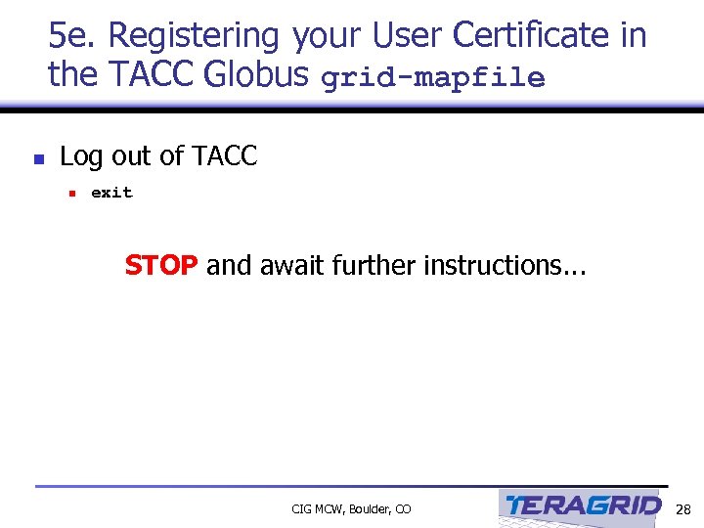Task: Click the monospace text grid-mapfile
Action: click(x=432, y=78)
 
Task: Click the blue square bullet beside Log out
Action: click(x=38, y=157)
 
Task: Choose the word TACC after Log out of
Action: click(x=225, y=156)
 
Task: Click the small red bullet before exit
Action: click(x=71, y=194)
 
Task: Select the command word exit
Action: click(x=111, y=193)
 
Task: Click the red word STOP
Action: click(x=161, y=266)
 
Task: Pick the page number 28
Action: click(x=683, y=508)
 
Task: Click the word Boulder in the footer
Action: click(x=370, y=509)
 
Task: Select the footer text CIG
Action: click(x=302, y=509)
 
